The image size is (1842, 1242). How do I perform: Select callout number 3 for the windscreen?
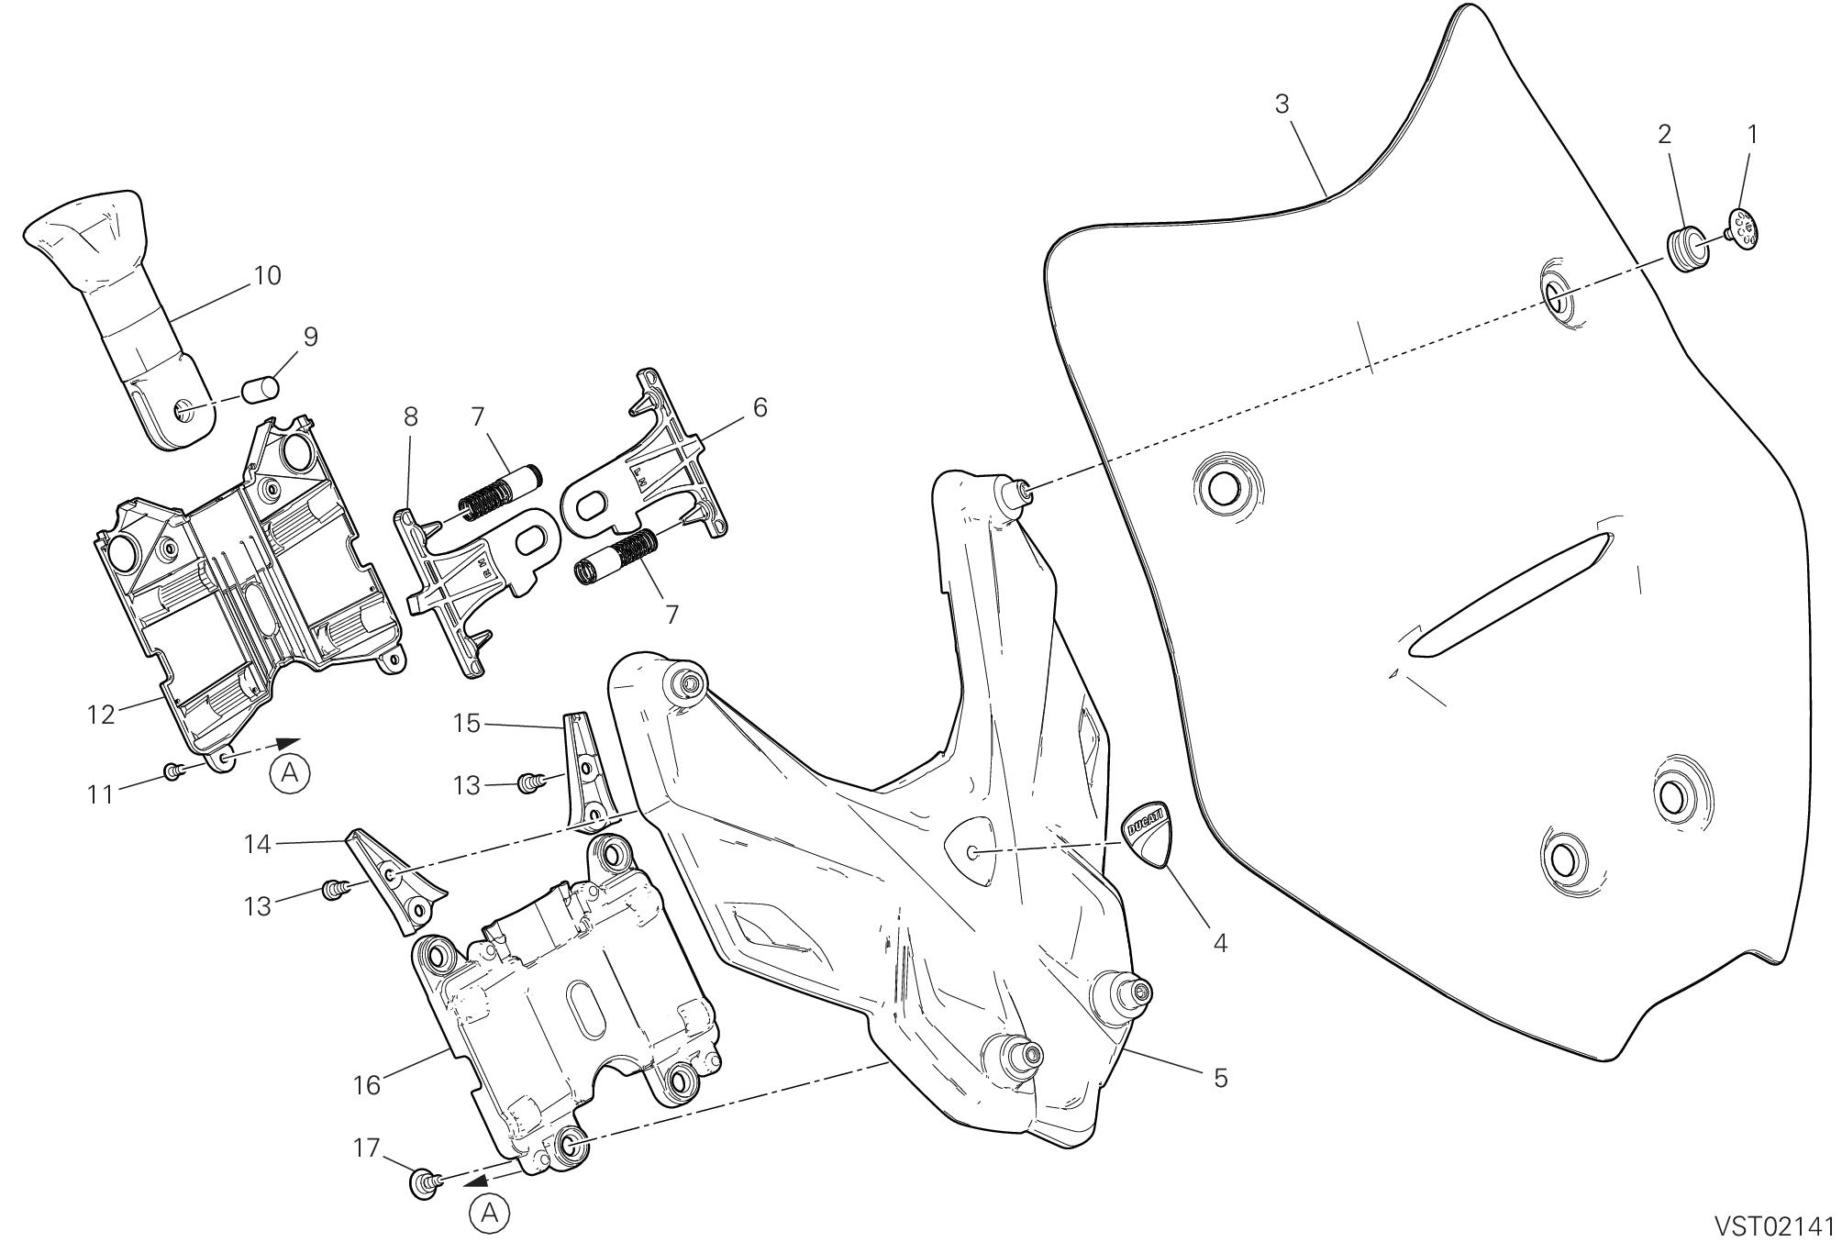pyautogui.click(x=1282, y=105)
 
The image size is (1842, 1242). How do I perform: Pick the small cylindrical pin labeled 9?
pyautogui.click(x=260, y=390)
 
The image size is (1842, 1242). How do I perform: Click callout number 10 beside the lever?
pyautogui.click(x=267, y=275)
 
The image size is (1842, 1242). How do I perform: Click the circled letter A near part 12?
pyautogui.click(x=290, y=773)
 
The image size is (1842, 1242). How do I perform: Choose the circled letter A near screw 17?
pyautogui.click(x=490, y=1214)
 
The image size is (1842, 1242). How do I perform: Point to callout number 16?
pyautogui.click(x=366, y=1085)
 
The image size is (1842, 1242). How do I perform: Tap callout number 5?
pyautogui.click(x=1220, y=1079)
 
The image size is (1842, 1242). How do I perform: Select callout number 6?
pyautogui.click(x=760, y=406)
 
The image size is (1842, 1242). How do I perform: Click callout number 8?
pyautogui.click(x=410, y=416)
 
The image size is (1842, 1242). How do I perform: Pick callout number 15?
pyautogui.click(x=467, y=724)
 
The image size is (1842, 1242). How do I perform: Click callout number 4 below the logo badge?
pyautogui.click(x=1220, y=943)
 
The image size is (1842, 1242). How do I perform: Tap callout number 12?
pyautogui.click(x=102, y=714)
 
